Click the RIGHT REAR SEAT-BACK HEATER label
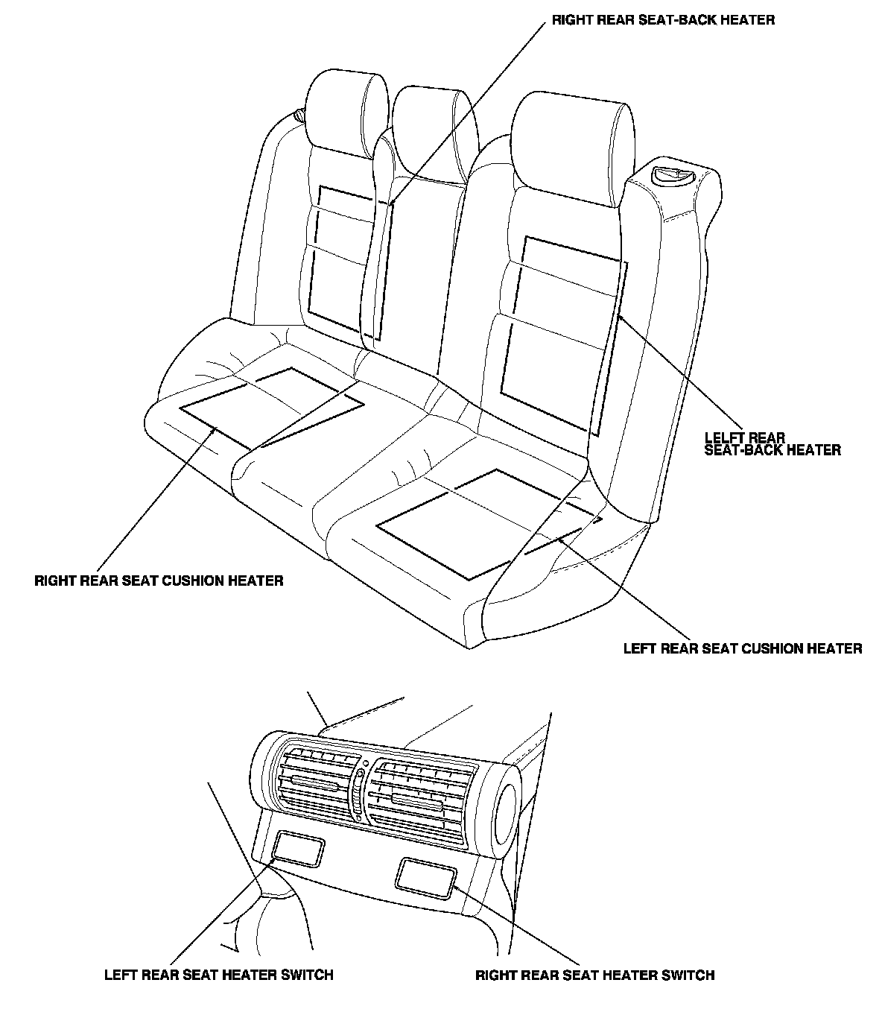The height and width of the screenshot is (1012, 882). coord(663,20)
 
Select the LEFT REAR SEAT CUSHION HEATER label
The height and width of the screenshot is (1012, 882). coord(743,648)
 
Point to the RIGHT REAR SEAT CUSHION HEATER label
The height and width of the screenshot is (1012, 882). coord(159,581)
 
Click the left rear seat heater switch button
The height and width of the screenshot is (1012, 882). coord(298,849)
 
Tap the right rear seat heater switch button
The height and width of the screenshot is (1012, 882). coord(425,877)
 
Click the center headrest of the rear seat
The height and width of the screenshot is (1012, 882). coord(435,133)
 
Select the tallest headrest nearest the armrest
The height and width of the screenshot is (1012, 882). coord(573,148)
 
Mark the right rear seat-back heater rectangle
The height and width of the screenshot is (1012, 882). coord(350,262)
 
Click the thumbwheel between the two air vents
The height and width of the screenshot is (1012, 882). coord(359,792)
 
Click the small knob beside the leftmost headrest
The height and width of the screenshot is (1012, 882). coord(299,116)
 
